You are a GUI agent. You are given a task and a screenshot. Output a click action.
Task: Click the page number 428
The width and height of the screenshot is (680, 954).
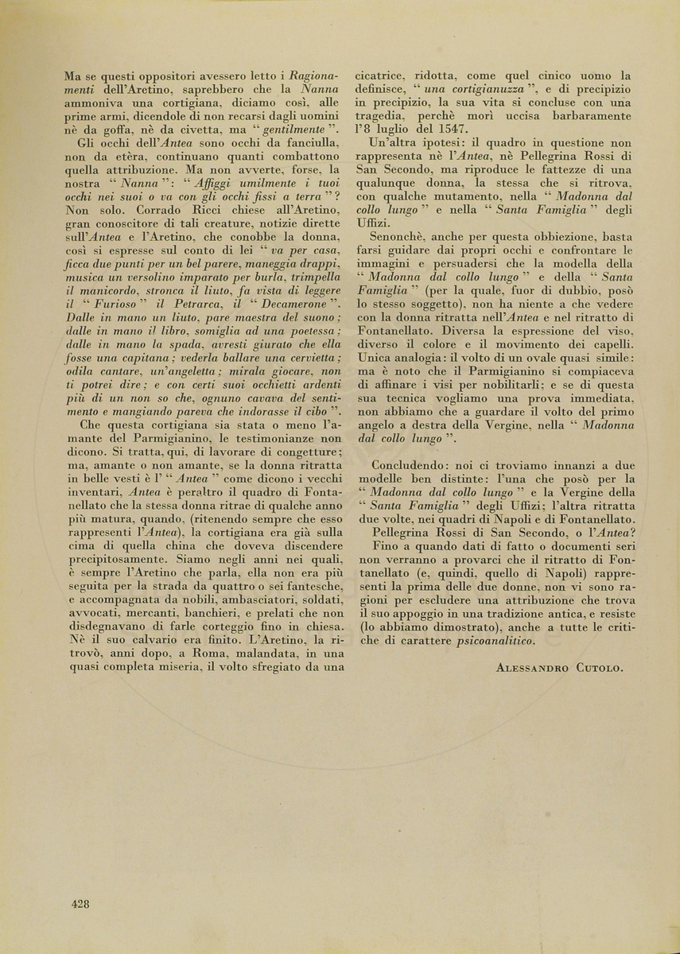(x=80, y=903)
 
